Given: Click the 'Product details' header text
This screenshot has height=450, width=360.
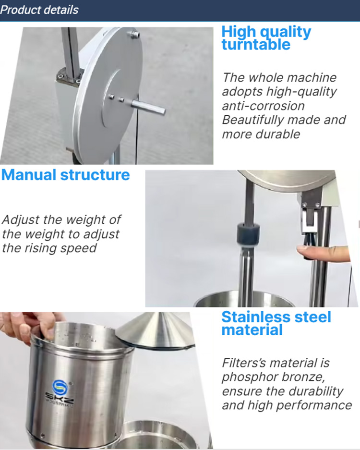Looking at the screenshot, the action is pos(39,10).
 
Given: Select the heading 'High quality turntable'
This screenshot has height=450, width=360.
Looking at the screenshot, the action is pos(266,38).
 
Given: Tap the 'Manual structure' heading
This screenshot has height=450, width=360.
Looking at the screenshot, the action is pos(66,175).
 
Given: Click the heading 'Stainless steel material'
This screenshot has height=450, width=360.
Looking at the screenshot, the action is pos(276,323).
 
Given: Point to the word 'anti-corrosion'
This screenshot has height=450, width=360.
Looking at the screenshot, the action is pos(264,106).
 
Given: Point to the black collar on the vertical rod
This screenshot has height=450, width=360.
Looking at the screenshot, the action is pos(248,233).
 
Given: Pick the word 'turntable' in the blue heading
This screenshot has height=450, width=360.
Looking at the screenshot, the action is pos(256,45).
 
